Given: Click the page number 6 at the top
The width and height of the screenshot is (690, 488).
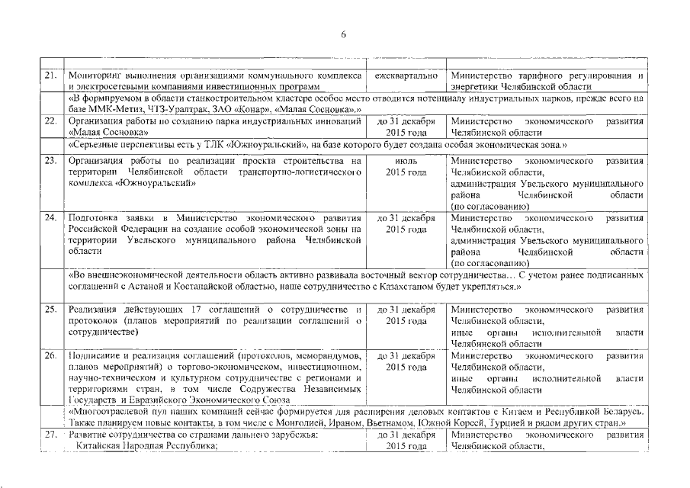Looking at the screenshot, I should [x=344, y=34].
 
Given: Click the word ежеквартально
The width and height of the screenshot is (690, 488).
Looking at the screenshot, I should [x=406, y=76].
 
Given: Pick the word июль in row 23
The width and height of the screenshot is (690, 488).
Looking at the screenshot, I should [x=406, y=161].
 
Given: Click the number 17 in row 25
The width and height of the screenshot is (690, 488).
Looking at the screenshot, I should [x=191, y=310].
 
